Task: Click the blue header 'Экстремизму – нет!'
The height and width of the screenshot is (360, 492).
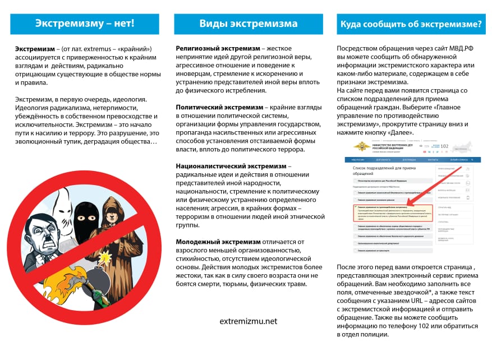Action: click(85, 24)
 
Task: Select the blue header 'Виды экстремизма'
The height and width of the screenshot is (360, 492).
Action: click(249, 24)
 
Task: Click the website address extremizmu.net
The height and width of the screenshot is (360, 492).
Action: click(249, 321)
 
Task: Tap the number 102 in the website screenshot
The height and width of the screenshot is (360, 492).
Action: click(444, 147)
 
